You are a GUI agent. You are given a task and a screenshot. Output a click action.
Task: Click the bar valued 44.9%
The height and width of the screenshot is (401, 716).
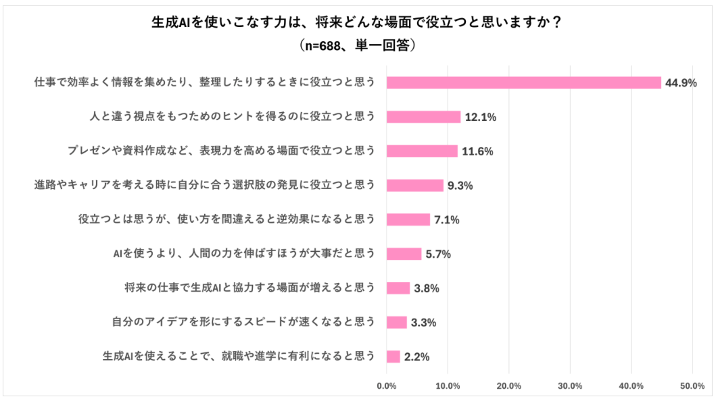524,82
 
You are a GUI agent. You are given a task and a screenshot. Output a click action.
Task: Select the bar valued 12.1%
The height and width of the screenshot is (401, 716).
424,117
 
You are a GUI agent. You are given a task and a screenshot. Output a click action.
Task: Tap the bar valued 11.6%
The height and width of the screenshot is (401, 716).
422,151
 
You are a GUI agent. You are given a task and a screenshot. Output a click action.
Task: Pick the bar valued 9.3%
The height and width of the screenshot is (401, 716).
415,185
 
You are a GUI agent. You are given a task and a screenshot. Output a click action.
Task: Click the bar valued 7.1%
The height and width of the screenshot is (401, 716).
408,219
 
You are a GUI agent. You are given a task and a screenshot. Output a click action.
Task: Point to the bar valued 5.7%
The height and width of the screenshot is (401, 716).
404,254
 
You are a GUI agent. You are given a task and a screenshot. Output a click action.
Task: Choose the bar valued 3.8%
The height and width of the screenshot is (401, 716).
398,288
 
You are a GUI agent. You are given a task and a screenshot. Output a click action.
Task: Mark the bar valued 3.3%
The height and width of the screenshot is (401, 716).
397,322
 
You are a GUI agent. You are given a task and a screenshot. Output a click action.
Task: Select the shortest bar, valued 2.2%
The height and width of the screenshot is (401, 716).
393,356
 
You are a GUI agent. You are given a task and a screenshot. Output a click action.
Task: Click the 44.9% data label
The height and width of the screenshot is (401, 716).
681,83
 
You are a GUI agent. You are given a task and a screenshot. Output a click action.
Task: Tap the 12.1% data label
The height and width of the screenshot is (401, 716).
481,117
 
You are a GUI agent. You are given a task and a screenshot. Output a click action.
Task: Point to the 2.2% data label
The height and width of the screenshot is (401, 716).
417,357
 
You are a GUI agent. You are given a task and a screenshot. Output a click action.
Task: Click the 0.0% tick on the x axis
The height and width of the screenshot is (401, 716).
387,386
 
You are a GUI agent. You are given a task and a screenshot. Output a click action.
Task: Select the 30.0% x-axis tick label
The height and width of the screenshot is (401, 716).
571,386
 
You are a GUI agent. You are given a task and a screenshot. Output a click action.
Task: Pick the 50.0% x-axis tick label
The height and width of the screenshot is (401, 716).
692,386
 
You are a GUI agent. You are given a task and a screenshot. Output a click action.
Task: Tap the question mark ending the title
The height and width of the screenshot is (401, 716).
556,22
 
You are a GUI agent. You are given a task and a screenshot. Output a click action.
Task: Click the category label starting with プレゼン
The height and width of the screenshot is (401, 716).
222,151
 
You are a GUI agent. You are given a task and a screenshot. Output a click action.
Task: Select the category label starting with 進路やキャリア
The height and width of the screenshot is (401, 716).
205,184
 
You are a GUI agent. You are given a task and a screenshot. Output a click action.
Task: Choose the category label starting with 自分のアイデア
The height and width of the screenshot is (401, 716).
244,322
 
